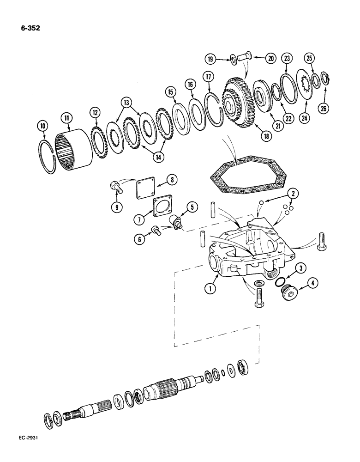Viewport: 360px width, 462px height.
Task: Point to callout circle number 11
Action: (x=67, y=119)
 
